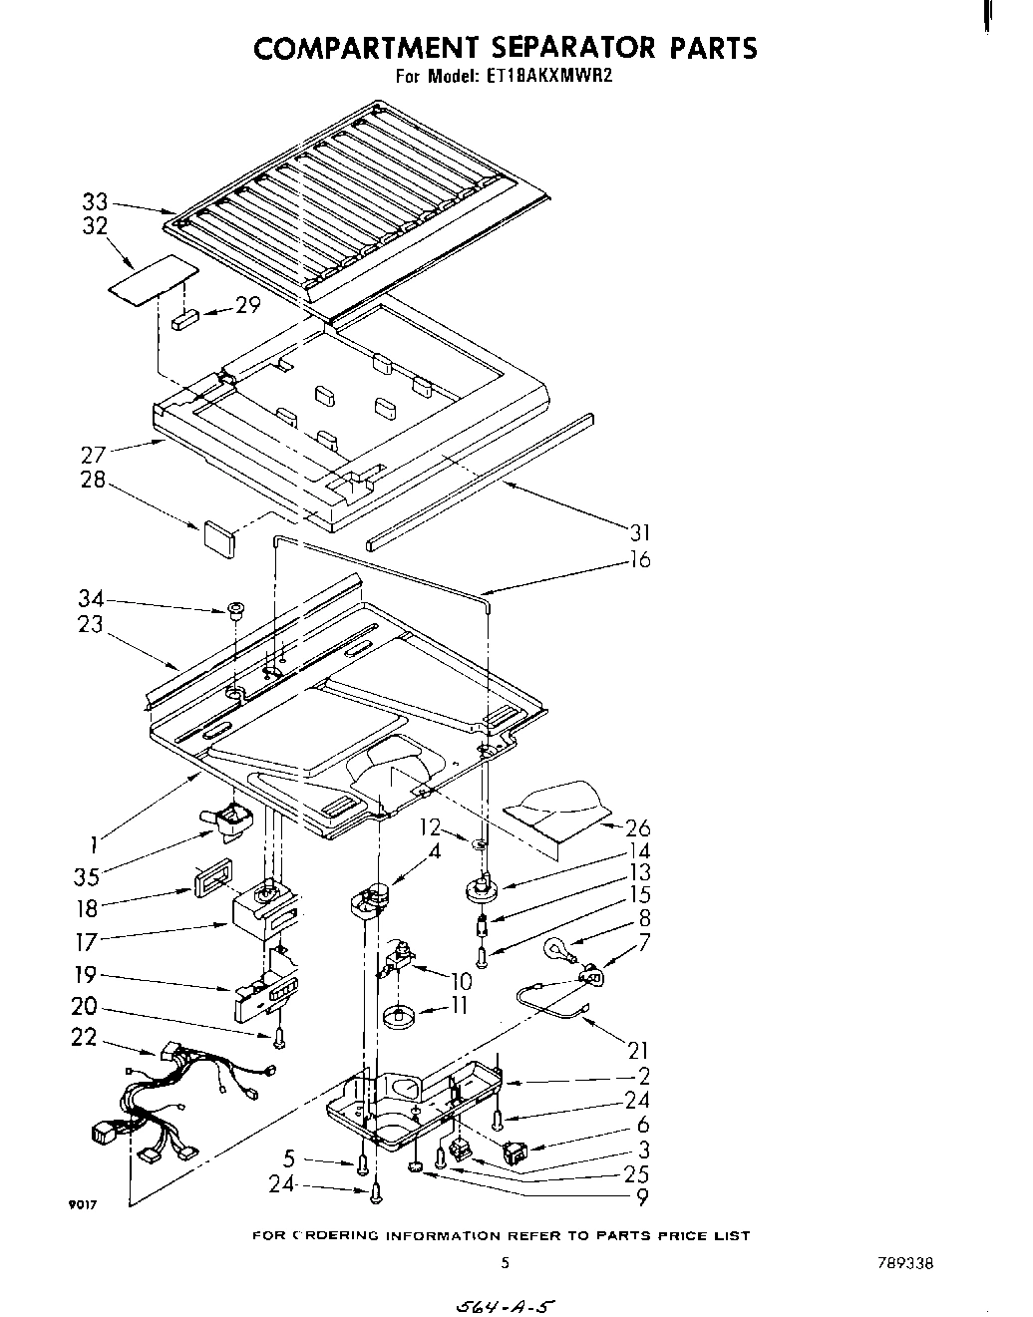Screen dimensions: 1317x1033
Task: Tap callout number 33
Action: point(94,203)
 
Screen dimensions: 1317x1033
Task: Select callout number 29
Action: point(246,305)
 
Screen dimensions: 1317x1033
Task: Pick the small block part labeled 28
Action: point(218,533)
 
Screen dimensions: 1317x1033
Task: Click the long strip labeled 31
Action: point(480,480)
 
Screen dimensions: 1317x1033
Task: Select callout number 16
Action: point(639,559)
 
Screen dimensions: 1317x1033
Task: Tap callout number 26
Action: point(637,826)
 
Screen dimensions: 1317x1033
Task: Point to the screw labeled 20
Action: point(279,1039)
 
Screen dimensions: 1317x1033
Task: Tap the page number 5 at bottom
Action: point(505,1262)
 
